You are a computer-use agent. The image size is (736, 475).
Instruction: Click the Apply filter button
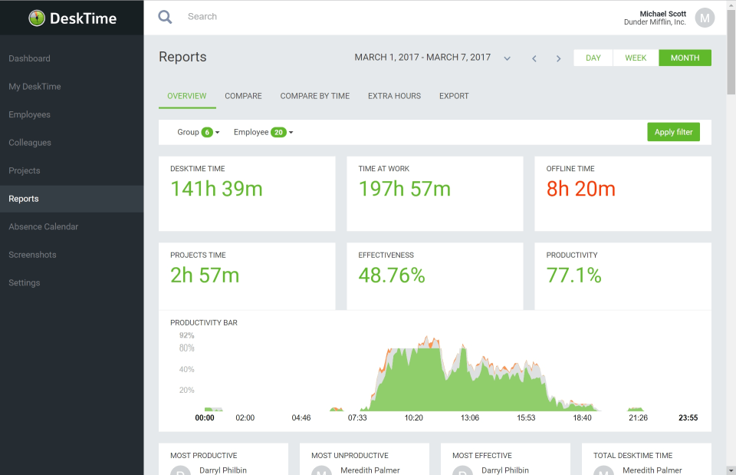coord(673,132)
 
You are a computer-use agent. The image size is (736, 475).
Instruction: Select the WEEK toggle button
coord(636,58)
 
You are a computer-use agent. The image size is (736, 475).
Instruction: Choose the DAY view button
coord(593,58)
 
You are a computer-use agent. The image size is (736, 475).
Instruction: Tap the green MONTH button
coord(685,58)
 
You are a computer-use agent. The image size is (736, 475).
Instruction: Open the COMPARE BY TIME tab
coord(314,96)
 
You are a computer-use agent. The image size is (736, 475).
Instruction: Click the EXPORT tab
coord(454,96)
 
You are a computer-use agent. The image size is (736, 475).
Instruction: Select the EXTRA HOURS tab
coord(394,96)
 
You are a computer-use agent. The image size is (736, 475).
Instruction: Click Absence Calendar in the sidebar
coord(44,226)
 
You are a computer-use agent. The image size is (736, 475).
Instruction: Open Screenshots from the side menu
coord(31,255)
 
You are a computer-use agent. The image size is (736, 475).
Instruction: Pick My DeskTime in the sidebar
coord(34,87)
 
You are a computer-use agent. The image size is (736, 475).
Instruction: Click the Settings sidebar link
coord(25,282)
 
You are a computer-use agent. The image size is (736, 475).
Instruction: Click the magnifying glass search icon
coord(165,17)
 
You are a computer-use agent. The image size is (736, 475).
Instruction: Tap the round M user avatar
coord(705,17)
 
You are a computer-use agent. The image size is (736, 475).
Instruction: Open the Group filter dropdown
coord(199,132)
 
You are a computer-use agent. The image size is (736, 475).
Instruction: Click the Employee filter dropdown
coord(263,132)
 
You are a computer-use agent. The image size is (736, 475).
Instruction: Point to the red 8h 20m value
coord(580,189)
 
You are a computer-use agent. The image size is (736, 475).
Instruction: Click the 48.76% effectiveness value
coord(392,275)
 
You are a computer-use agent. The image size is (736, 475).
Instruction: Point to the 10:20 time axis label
coord(413,418)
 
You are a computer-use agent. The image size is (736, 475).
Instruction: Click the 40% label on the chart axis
coord(186,369)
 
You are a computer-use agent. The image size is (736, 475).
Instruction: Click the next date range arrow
coord(558,58)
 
